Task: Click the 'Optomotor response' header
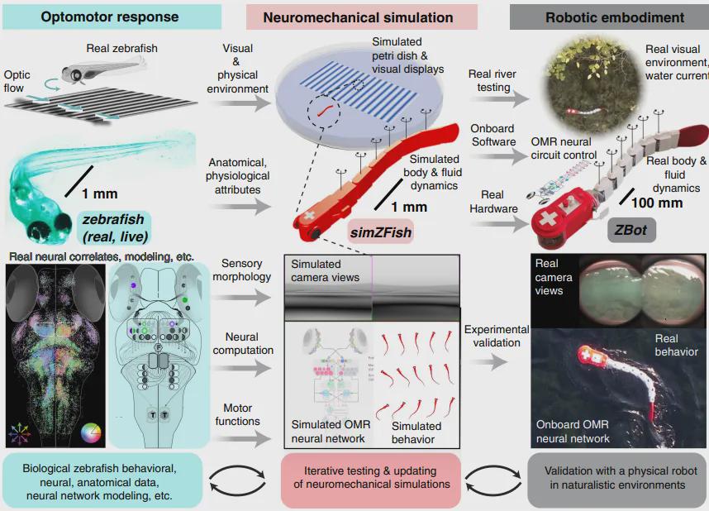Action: coord(111,17)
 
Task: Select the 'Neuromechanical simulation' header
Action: coord(358,17)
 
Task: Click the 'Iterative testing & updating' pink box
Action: coord(371,477)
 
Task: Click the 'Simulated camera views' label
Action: coord(326,270)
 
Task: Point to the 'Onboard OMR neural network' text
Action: coord(573,432)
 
